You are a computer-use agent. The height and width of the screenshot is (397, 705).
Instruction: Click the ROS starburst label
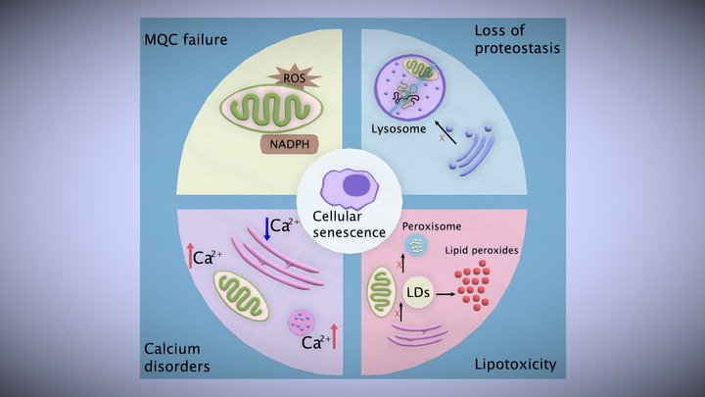[x=294, y=77]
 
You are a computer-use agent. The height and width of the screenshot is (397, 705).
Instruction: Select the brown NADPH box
[x=290, y=144]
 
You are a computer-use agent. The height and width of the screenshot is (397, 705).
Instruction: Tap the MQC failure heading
[x=186, y=39]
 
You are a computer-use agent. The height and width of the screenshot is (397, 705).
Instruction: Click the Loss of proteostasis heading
[x=517, y=39]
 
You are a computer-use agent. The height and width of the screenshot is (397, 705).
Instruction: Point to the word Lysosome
[x=399, y=128]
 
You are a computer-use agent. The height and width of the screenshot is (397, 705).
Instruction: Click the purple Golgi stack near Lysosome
[x=473, y=150]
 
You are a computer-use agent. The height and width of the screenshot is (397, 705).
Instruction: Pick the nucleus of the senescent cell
[x=356, y=184]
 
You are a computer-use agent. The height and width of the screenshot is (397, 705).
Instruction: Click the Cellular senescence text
[x=349, y=224]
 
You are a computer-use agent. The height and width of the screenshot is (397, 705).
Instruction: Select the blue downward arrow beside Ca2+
[x=267, y=228]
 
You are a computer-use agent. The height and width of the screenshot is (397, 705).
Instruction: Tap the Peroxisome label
[x=432, y=226]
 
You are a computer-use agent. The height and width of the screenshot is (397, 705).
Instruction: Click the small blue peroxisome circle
[x=416, y=245]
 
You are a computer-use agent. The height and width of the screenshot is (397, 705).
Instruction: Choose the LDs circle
[x=418, y=292]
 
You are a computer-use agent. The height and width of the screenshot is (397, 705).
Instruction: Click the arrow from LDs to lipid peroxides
[x=446, y=294]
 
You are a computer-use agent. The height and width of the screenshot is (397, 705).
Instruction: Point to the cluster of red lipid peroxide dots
[x=473, y=284]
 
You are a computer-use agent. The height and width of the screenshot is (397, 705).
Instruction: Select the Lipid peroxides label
[x=482, y=250]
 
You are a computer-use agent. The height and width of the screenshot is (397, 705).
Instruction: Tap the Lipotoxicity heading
[x=515, y=364]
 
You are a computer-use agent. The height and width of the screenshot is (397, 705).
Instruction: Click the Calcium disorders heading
[x=176, y=358]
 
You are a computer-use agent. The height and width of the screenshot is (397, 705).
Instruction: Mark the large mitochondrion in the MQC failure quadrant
[x=271, y=109]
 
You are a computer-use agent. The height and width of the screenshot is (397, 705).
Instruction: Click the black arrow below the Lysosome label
[x=446, y=132]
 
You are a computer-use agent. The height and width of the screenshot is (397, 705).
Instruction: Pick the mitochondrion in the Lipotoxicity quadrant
[x=381, y=291]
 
